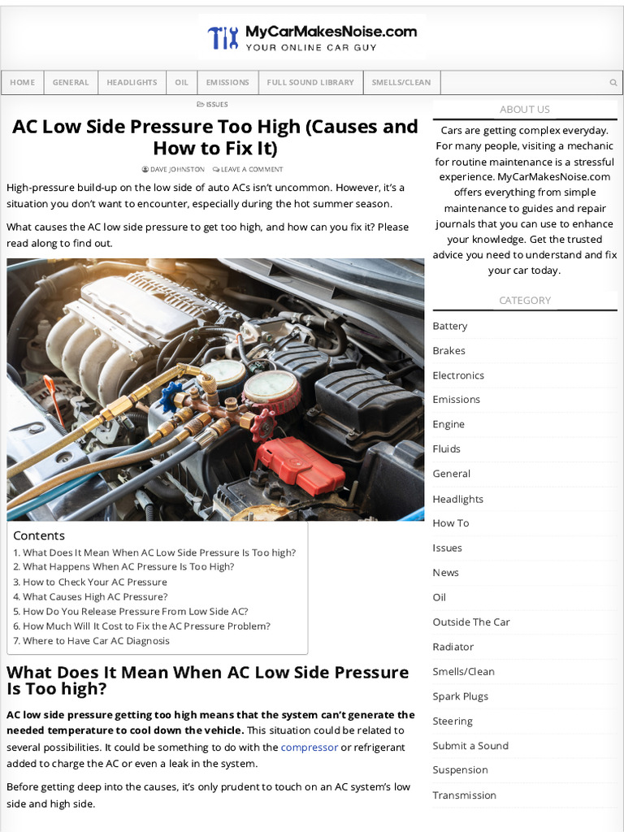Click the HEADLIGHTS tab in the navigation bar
click(132, 82)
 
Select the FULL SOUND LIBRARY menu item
click(310, 82)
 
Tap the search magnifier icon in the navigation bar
click(613, 82)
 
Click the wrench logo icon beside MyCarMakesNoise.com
click(223, 37)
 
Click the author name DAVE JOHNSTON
click(177, 169)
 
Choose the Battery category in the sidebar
click(450, 326)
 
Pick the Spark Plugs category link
click(461, 696)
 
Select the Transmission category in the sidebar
click(464, 795)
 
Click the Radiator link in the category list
click(453, 647)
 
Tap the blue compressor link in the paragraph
click(309, 747)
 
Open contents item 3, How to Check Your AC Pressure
click(94, 582)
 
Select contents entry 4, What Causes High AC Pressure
click(95, 596)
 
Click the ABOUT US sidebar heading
click(524, 109)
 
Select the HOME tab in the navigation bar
click(23, 82)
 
